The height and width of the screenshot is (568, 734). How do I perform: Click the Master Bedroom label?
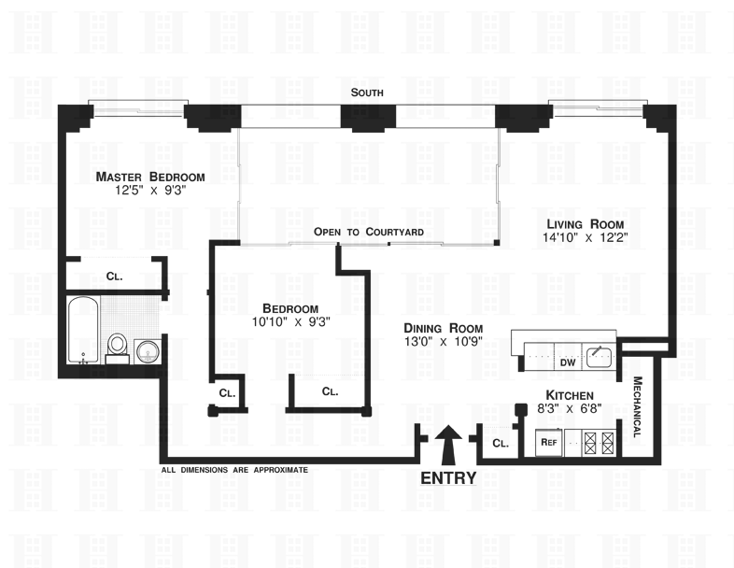150,177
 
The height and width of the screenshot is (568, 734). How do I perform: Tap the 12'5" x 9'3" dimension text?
150,192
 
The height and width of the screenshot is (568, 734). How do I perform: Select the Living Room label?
578,223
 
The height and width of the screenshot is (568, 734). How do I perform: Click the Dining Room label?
443,328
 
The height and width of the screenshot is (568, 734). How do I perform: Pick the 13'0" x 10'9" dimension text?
443,343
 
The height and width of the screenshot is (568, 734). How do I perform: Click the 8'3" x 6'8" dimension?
568,409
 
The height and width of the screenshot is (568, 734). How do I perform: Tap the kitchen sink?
600,353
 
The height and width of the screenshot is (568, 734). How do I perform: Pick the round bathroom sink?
147,350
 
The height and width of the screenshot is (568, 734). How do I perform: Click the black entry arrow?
447,445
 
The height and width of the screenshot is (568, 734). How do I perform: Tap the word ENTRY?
448,478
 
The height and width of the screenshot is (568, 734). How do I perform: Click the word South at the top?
367,92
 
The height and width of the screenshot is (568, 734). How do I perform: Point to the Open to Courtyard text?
369,232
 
